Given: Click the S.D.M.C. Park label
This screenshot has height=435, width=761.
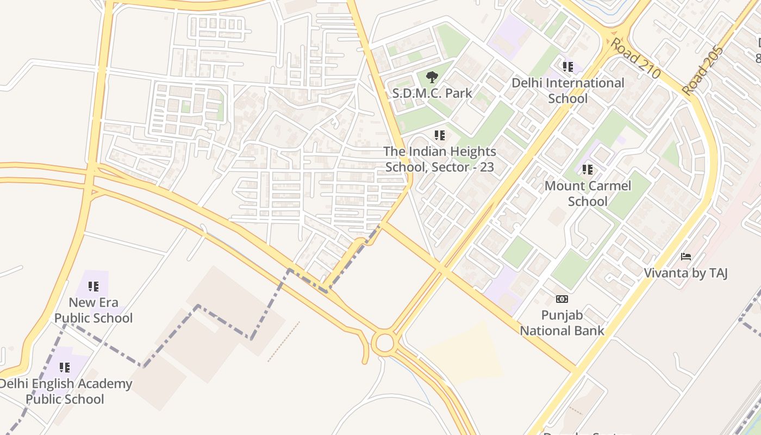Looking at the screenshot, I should pos(432,93).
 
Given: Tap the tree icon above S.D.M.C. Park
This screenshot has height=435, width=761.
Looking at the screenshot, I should pos(432,77).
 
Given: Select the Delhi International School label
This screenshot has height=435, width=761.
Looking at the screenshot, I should pos(568,91).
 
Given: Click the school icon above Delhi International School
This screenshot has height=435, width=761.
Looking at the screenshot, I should pos(568,67).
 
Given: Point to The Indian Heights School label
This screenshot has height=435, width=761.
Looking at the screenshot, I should pos(440,159).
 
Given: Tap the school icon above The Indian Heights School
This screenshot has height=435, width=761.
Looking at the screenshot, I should pos(440,135).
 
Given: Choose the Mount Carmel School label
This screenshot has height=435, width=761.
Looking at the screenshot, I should pos(588,194).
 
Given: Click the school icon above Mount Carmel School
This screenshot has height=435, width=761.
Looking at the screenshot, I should pos(588,170).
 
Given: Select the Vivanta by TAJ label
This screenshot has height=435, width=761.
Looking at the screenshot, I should pos(685,272).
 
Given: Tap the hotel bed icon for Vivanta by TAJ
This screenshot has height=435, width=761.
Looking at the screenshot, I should pos(686,257).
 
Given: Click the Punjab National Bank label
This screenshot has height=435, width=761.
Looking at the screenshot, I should pos(562,323).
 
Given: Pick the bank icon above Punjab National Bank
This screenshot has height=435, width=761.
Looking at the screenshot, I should pos(562,299).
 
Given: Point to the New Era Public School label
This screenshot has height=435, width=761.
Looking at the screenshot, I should pos(93,310).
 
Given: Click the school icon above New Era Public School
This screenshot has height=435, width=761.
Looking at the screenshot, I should pos(93,286).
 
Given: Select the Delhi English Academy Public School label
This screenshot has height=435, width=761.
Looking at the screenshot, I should pos(65,391).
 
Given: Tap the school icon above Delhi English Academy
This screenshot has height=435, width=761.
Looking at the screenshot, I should pos(65,368).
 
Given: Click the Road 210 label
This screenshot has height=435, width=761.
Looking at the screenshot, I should pos(635,58).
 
